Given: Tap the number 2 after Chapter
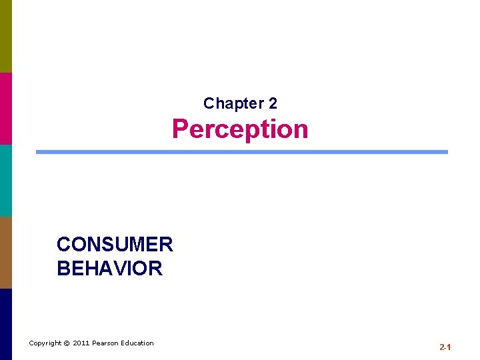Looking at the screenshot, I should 273,103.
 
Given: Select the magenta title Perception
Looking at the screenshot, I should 240,129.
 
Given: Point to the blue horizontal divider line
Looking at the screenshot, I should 241,152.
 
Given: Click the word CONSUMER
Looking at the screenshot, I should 115,245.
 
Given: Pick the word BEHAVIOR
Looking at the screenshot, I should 109,269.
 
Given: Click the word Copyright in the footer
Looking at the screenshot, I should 45,343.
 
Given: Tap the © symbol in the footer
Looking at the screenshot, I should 67,343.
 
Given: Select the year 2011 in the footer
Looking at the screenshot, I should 81,343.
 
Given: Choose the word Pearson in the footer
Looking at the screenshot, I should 106,343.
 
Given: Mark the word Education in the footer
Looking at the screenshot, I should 137,343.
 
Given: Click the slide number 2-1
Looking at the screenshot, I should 445,347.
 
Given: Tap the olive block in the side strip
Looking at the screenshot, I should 6,36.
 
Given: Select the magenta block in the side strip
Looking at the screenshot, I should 6,108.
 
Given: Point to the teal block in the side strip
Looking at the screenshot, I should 6,180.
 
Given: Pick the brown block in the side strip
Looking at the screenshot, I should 6,252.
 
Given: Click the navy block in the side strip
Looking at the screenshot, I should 6,324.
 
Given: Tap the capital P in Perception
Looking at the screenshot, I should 181,129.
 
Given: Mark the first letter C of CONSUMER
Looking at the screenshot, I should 64,245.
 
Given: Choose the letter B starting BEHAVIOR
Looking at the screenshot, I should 63,269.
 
